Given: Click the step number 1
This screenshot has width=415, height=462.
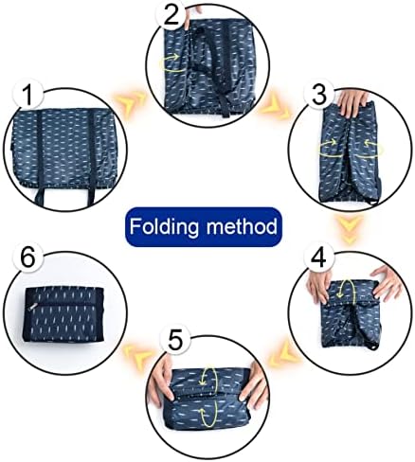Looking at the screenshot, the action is point(28,96).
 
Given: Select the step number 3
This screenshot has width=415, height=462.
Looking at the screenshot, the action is point(318,95).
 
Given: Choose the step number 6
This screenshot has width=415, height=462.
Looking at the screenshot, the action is point(28,259).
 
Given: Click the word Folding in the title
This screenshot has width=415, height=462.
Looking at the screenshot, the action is point(164,226).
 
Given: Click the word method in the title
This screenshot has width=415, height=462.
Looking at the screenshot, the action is point(242,226).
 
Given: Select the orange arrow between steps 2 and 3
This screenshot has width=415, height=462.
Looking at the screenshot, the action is point(274,108).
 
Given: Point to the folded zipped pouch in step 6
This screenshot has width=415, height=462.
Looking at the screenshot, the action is point(63,314).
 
